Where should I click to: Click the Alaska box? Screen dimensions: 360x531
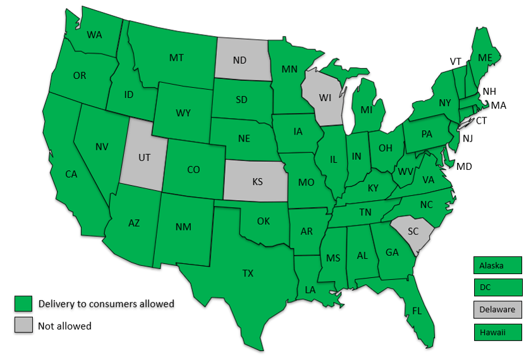click(497, 265)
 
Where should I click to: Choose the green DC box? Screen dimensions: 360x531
click(497, 287)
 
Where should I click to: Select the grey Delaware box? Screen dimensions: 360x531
click(497, 309)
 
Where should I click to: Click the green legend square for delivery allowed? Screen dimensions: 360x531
click(23, 304)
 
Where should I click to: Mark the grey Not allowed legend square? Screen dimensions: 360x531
click(23, 326)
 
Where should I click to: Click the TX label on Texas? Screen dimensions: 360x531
click(248, 273)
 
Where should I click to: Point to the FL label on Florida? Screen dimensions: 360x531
click(417, 311)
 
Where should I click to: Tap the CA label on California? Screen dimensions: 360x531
click(71, 174)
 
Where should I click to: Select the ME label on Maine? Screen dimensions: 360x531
click(485, 57)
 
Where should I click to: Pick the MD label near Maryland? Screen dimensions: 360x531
click(465, 167)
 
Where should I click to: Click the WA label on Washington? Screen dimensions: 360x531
click(95, 34)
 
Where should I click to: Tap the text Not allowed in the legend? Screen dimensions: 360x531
click(65, 326)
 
